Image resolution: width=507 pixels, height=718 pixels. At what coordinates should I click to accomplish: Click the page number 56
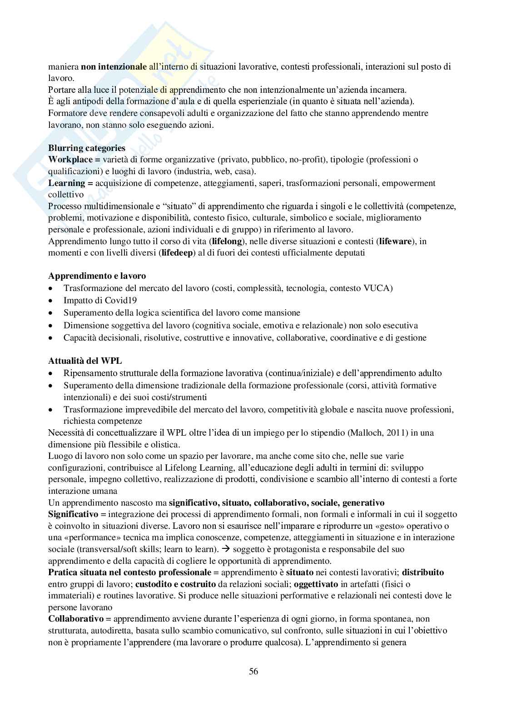click(x=253, y=671)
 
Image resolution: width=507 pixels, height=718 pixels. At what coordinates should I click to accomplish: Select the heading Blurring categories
click(x=87, y=148)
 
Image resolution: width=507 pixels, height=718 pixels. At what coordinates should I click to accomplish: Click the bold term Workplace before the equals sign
click(x=67, y=160)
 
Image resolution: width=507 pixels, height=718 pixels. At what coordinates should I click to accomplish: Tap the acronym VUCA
click(x=377, y=288)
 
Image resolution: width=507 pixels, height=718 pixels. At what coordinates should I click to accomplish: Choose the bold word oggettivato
click(x=318, y=584)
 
